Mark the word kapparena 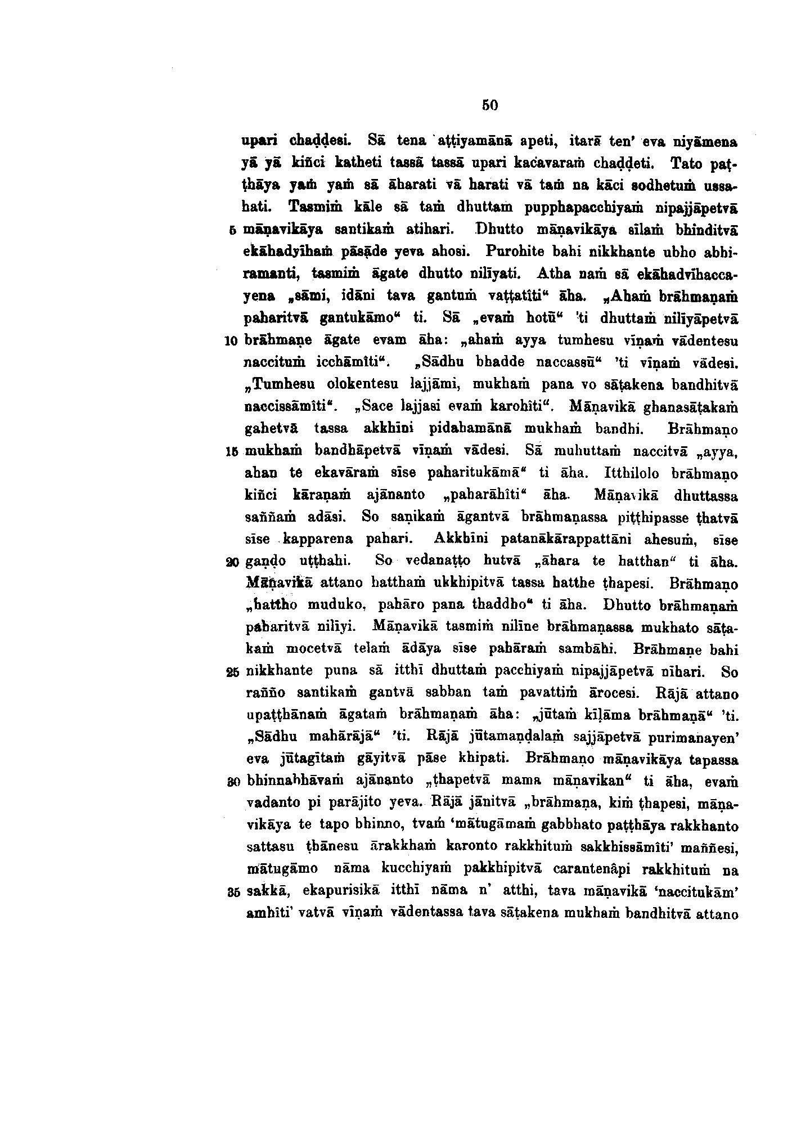click(318, 539)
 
